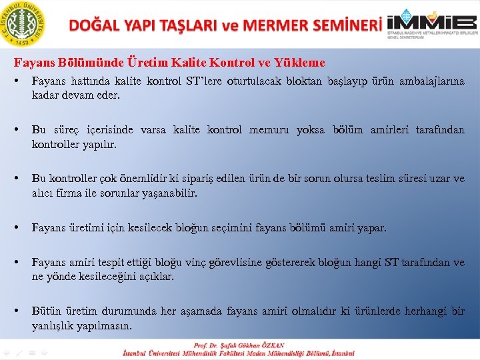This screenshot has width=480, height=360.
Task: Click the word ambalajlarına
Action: pyautogui.click(x=431, y=81)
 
